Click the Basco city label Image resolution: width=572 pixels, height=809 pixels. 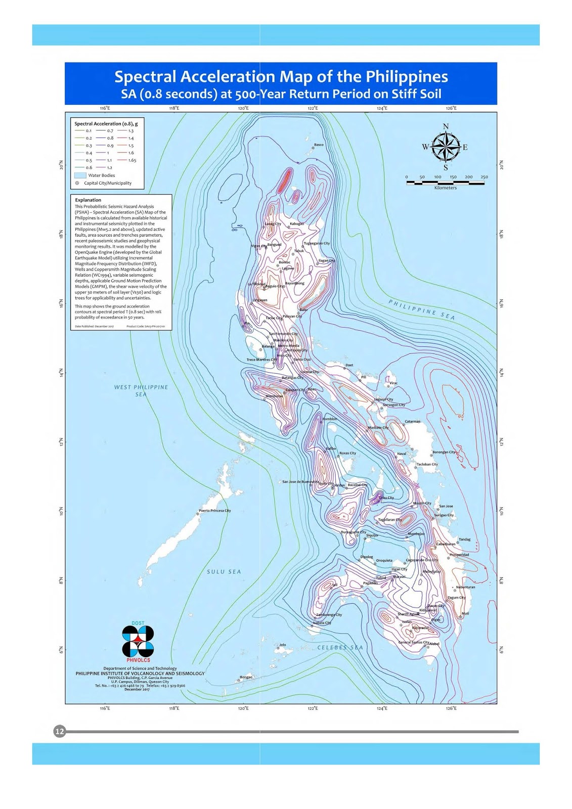coord(319,145)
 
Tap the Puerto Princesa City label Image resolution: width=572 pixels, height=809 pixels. coord(214,511)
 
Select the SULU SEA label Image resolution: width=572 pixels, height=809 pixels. coord(224,572)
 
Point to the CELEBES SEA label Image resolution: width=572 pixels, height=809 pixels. coord(340,647)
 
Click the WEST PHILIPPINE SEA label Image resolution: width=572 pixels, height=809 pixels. coord(141,390)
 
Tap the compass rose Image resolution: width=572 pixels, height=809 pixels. coord(445,147)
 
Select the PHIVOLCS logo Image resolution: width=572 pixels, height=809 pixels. coord(138,642)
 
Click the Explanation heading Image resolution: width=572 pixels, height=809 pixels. coord(88,200)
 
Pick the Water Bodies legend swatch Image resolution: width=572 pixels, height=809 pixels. coord(80,175)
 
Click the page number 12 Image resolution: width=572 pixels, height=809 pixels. coord(60,731)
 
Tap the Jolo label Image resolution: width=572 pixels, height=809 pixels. coord(283,645)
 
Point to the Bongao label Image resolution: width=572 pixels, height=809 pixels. coord(246,677)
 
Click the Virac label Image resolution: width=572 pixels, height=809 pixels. coord(393,383)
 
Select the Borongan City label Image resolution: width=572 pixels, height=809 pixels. coord(444,452)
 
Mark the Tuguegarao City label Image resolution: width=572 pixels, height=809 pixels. coord(317,243)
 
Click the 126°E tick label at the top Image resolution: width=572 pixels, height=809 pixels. coord(451,108)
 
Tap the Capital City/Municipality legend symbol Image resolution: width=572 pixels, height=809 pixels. coord(77,183)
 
